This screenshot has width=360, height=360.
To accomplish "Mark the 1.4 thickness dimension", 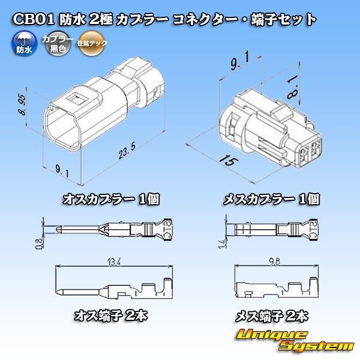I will [x=222, y=242].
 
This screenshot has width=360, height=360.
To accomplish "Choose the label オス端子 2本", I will [x=111, y=314].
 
